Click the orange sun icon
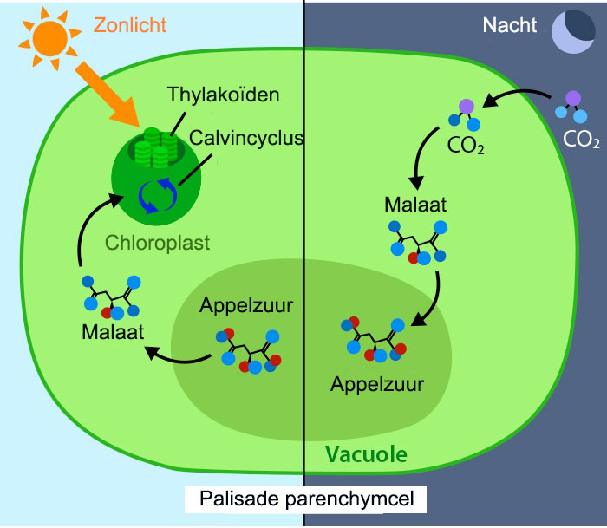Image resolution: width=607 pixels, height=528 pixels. (x=50, y=39)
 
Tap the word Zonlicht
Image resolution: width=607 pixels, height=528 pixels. (x=130, y=25)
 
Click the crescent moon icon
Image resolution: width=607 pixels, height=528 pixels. (x=573, y=31)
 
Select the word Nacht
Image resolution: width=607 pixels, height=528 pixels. (x=510, y=25)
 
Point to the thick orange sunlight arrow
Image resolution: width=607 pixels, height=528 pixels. (x=107, y=94)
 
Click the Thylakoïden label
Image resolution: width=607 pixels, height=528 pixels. (x=223, y=95)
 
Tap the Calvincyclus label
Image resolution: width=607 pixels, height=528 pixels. (x=246, y=138)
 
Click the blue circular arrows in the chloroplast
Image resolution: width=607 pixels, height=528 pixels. (x=158, y=195)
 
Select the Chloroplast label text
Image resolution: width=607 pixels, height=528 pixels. (x=157, y=243)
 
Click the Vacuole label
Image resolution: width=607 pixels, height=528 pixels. (x=366, y=454)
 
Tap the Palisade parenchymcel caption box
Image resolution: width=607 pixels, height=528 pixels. (x=305, y=499)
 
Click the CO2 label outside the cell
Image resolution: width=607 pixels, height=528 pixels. (x=581, y=140)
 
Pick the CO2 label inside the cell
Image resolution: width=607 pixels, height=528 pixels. (x=466, y=146)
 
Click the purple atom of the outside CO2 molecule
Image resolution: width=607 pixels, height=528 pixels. (x=573, y=98)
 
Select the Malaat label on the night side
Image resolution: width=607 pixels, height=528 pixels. (x=415, y=205)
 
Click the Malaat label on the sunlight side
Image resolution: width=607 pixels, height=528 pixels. (x=113, y=332)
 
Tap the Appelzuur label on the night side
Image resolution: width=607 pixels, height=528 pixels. (x=377, y=384)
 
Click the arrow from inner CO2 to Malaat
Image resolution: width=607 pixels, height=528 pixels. (x=419, y=155)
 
